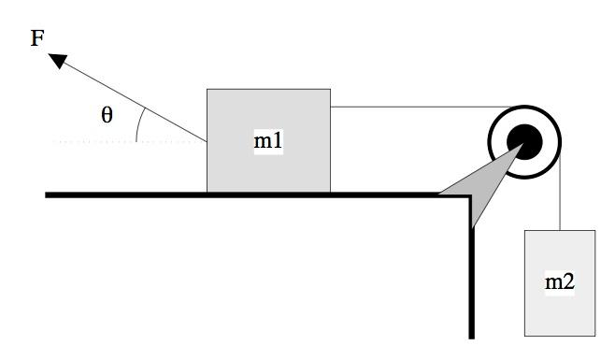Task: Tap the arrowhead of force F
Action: [58, 61]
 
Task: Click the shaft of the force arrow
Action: [131, 101]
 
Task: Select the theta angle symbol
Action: [107, 115]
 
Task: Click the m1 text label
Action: [268, 141]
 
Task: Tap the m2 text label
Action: [559, 281]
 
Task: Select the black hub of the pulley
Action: [524, 141]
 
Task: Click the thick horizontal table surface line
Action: [234, 194]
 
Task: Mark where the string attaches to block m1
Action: [331, 107]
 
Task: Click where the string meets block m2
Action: [559, 228]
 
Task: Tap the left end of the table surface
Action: [48, 194]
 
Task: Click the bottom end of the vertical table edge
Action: [472, 335]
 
